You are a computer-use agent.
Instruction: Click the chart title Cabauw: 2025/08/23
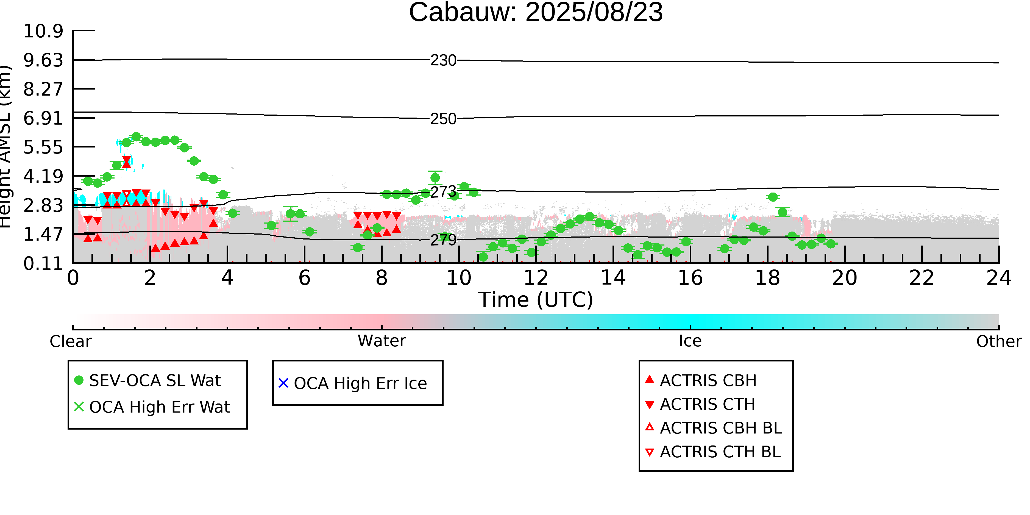536,12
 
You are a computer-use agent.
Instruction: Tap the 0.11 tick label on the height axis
43,263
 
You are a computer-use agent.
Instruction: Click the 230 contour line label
443,60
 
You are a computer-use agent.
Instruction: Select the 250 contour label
443,119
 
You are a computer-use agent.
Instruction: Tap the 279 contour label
443,240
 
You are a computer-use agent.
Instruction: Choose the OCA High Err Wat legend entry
152,407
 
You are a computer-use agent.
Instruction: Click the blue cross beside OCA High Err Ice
283,383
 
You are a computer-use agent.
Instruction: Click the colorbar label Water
382,341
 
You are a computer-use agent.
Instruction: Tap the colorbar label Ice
690,341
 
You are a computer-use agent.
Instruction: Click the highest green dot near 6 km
136,137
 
